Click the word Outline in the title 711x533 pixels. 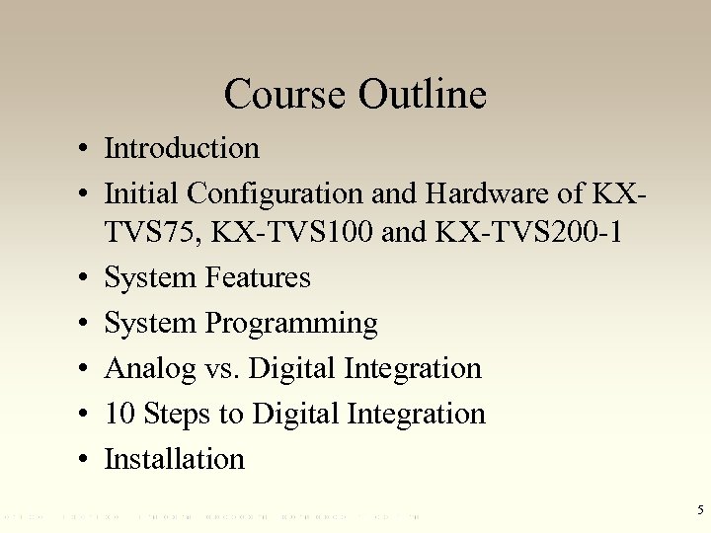coord(423,95)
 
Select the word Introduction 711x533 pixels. coord(182,148)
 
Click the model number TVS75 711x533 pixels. coord(139,235)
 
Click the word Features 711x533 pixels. coord(258,278)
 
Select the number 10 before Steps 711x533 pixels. coord(119,414)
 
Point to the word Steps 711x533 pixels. coord(178,414)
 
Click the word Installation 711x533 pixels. coord(174,458)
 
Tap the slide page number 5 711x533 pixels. coord(699,510)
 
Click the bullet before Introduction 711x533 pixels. coord(88,149)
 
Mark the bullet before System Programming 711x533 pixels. coord(88,324)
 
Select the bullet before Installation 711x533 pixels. coord(88,459)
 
